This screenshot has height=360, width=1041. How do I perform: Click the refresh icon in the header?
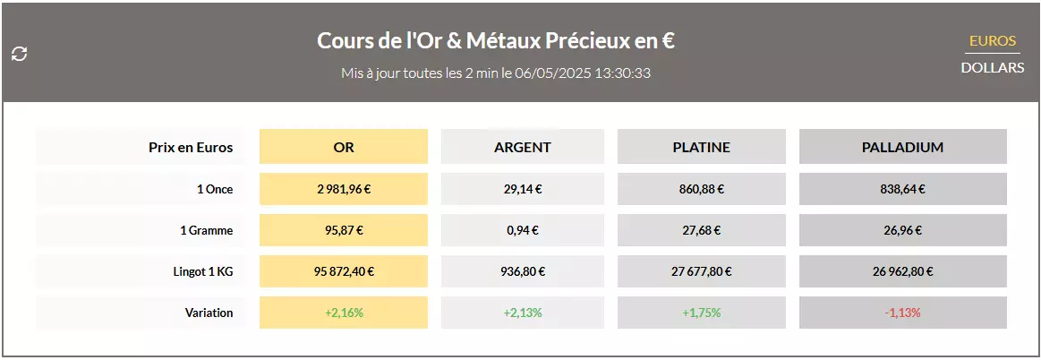click(x=19, y=54)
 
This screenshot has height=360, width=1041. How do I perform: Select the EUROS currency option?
click(x=993, y=41)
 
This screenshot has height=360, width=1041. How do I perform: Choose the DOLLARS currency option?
click(x=993, y=67)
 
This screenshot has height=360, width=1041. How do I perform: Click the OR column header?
click(x=344, y=147)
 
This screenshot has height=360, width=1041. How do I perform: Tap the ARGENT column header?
click(x=523, y=147)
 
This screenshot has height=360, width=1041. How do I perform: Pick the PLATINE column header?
click(x=702, y=147)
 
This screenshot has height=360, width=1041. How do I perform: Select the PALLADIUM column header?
click(x=902, y=147)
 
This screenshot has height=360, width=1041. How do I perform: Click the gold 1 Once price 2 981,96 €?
click(x=344, y=189)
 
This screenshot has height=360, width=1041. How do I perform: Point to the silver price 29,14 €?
click(x=523, y=189)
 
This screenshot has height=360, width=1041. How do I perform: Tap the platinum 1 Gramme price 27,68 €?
click(x=702, y=230)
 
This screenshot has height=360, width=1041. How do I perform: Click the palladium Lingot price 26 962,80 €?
click(x=902, y=271)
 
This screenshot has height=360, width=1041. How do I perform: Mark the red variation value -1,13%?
click(x=902, y=313)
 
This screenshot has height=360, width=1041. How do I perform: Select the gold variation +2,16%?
click(x=344, y=313)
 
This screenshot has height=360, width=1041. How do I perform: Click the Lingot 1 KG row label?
click(x=203, y=271)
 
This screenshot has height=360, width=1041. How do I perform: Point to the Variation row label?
click(x=209, y=313)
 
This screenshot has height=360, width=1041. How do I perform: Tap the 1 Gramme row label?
click(x=206, y=230)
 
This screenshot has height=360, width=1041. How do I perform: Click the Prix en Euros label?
click(x=191, y=147)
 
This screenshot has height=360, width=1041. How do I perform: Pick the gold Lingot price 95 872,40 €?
click(x=344, y=271)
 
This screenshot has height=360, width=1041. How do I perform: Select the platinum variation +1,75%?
click(x=702, y=313)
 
